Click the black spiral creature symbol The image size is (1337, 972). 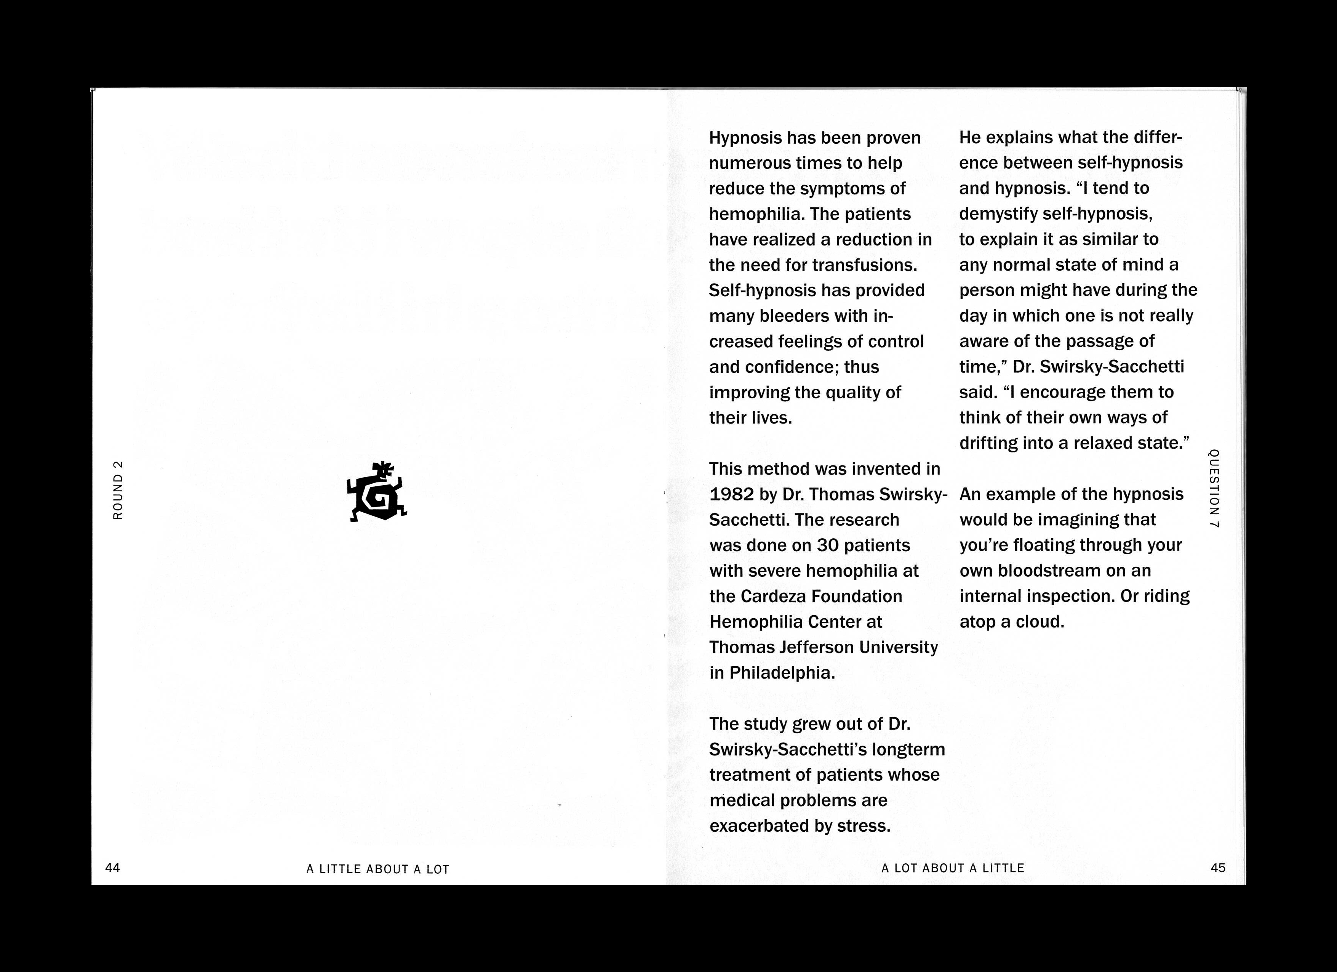(377, 492)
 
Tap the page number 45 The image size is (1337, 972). (1217, 868)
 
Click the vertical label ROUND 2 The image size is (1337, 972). (118, 489)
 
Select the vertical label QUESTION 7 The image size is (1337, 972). (1214, 488)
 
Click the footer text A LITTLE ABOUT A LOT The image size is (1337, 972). (378, 869)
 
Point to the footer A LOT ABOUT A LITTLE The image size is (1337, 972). (953, 868)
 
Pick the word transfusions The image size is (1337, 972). (864, 265)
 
